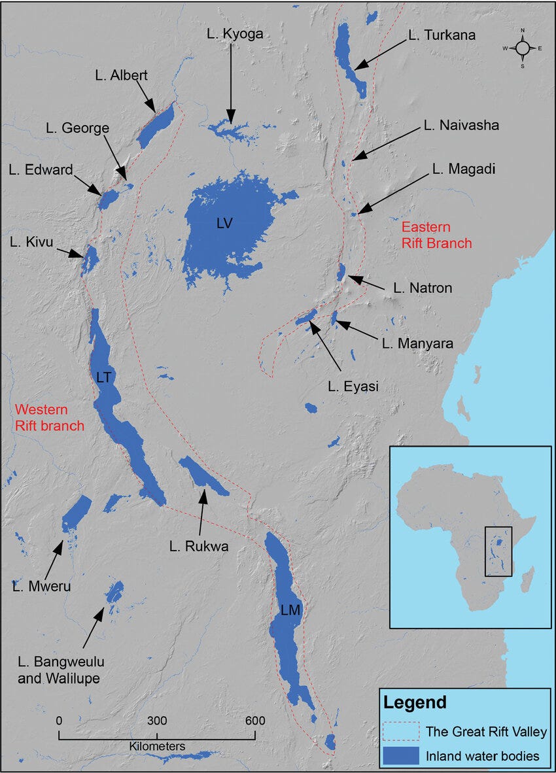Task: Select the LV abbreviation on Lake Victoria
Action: [x=224, y=224]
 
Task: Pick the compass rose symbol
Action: [x=522, y=48]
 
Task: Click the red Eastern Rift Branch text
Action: [x=436, y=235]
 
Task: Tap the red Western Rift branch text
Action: [x=50, y=418]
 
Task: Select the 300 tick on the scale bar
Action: [x=157, y=721]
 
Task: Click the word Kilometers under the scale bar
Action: [x=157, y=746]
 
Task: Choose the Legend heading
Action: [x=415, y=703]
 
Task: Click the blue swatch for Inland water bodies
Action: [x=400, y=756]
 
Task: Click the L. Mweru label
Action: [x=41, y=586]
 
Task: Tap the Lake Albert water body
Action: [x=156, y=126]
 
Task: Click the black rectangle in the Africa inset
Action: [x=498, y=551]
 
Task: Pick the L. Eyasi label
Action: [x=353, y=386]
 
